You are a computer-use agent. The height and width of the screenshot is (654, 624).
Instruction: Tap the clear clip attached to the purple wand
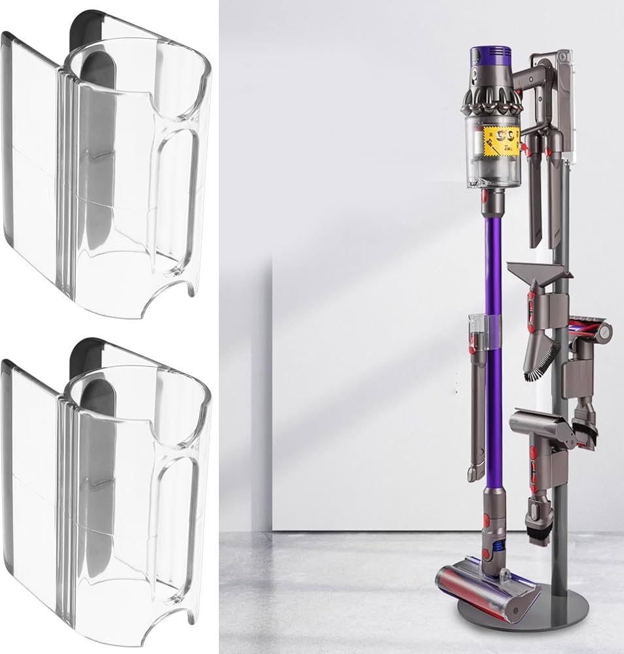tap(483, 330)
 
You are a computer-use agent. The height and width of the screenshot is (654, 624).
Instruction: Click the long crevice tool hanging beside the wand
tap(476, 419)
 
